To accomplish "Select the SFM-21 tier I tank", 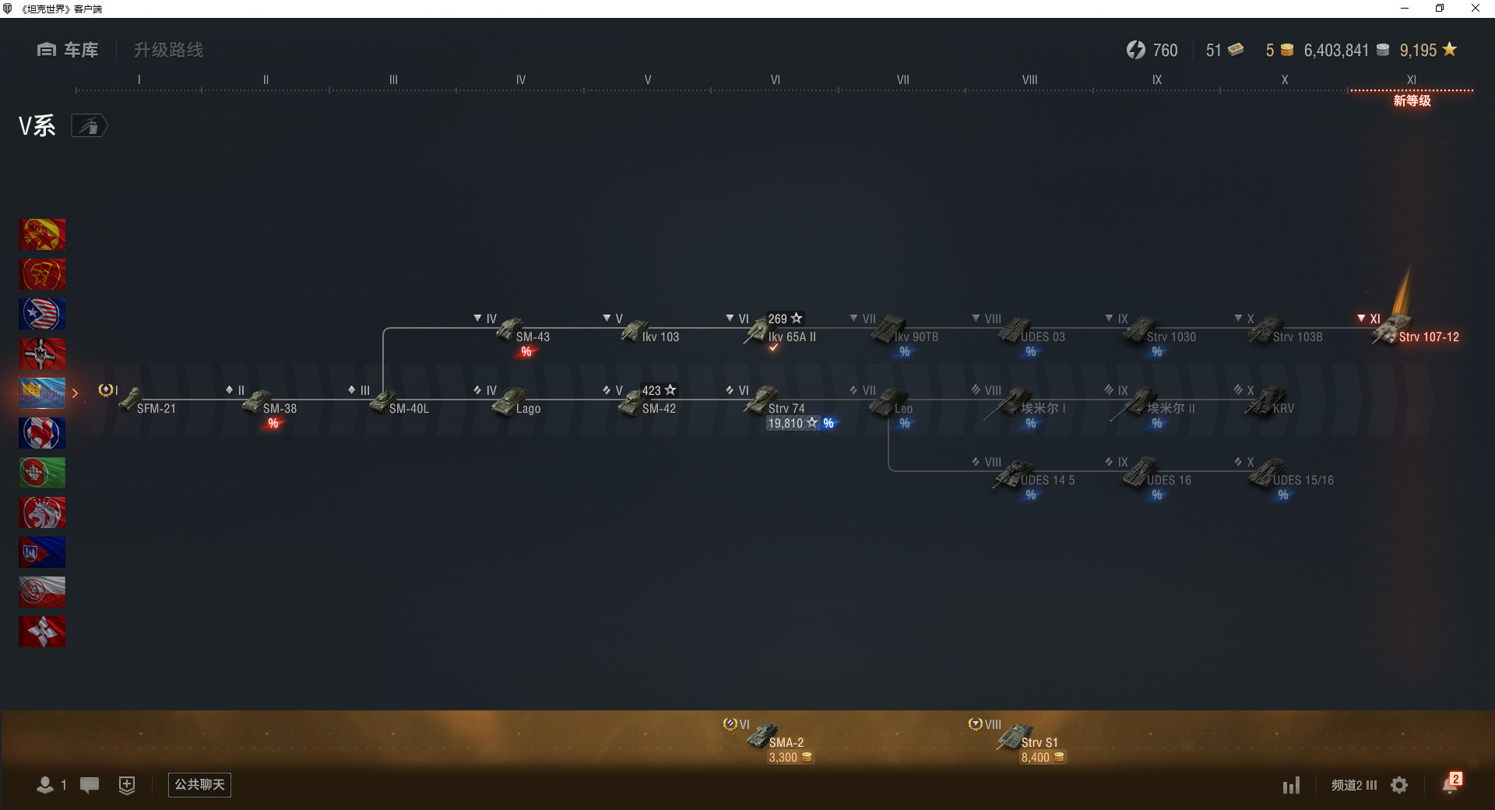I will point(156,408).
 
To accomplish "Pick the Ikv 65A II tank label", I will point(791,337).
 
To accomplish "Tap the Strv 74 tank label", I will point(786,409).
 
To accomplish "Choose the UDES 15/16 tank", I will point(1302,480).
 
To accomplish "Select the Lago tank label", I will point(528,409).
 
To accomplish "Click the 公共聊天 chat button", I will point(199,784).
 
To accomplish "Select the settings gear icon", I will point(1399,785).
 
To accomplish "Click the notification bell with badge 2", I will point(1450,784).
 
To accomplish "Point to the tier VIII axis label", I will point(1029,79).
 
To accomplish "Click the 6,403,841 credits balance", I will point(1336,51).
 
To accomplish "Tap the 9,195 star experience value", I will point(1418,51).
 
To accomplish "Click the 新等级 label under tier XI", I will point(1412,100).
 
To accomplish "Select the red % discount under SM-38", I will point(273,424).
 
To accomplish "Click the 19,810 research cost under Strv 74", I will point(785,424).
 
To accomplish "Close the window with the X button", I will point(1475,9).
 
